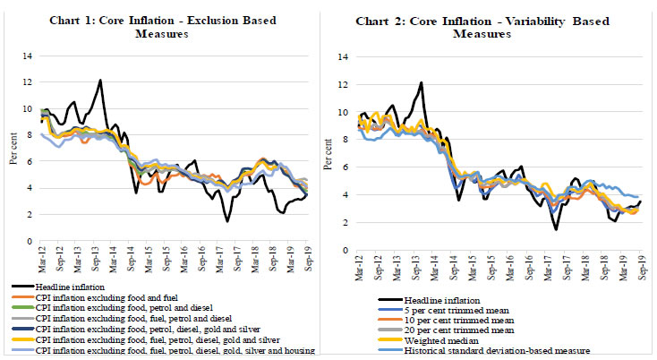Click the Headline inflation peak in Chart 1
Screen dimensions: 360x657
pos(100,81)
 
